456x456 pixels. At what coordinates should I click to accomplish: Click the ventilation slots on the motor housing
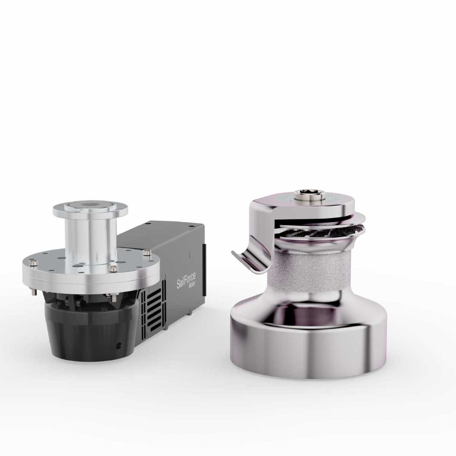point(154,308)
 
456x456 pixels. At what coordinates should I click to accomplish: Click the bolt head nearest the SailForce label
point(147,252)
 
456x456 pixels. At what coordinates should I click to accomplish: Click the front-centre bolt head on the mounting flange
point(112,269)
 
